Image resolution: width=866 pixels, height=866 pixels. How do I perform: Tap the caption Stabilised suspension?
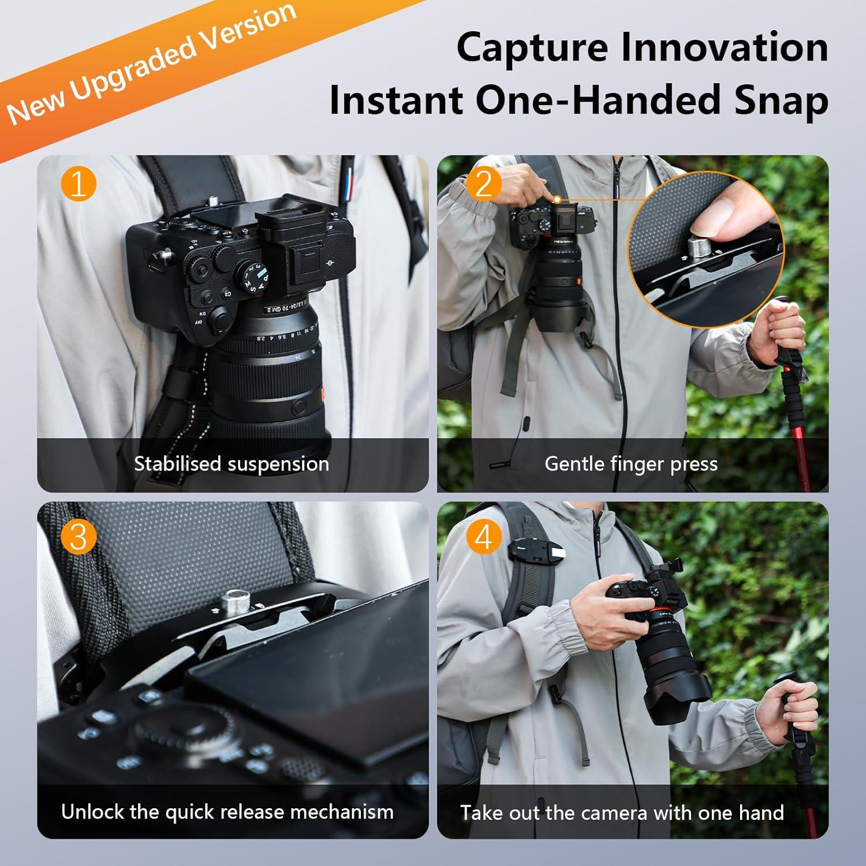pos(231,464)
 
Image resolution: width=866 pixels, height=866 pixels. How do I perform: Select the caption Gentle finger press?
pos(631,464)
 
